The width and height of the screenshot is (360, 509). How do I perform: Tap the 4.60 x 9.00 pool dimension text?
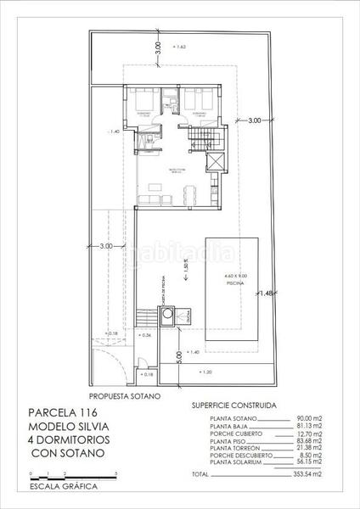234,277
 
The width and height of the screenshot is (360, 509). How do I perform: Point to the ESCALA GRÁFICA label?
63,487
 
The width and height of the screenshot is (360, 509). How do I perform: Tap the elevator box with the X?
217,162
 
